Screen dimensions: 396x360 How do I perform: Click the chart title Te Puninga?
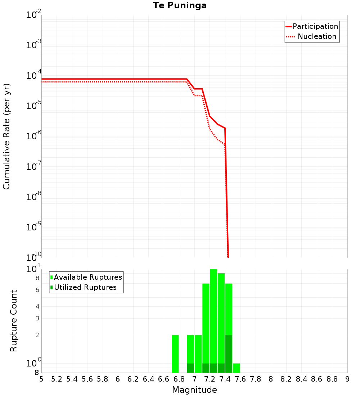click(180, 5)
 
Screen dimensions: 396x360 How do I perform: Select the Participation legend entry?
click(315, 26)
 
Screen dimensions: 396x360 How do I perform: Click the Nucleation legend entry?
click(317, 36)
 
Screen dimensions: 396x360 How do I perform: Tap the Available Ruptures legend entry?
click(88, 277)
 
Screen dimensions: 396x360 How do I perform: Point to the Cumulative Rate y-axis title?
click(6, 136)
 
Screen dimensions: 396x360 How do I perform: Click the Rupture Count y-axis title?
click(14, 321)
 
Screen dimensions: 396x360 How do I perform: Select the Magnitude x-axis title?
click(194, 390)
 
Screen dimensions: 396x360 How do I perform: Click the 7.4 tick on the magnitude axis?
click(225, 379)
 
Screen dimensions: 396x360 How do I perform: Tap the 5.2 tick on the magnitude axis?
click(57, 379)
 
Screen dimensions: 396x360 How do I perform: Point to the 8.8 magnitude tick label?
click(332, 379)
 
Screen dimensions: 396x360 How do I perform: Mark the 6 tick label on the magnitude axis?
click(118, 379)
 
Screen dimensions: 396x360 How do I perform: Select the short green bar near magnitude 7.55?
click(236, 368)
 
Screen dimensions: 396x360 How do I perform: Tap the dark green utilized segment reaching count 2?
click(229, 354)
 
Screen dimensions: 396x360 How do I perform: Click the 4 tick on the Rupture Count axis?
click(37, 307)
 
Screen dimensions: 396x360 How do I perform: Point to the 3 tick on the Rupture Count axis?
click(37, 319)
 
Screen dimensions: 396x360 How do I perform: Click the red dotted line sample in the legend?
click(290, 36)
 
